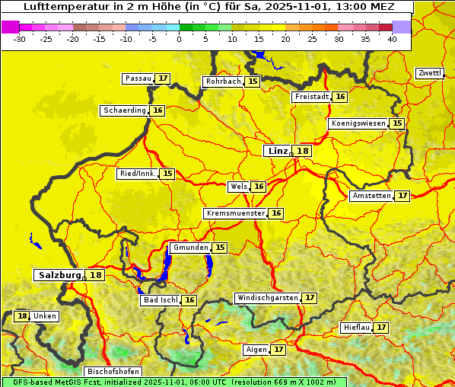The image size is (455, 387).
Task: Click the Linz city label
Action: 277,151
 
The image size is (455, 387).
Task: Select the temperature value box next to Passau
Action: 163,78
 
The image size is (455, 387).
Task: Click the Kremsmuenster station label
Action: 235,213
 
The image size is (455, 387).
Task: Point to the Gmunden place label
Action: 190,248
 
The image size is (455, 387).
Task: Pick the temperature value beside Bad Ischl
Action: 189,300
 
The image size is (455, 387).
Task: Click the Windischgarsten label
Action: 267,297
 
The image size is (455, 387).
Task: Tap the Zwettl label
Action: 430,73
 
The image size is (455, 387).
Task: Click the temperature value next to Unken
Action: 22,316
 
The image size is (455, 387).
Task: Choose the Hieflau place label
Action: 357,328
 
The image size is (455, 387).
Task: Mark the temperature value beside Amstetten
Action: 402,196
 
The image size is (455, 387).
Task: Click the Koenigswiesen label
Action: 358,123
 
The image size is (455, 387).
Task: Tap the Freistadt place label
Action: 311,97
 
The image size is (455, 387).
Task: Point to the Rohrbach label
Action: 223,82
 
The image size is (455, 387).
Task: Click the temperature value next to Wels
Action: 259,187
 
